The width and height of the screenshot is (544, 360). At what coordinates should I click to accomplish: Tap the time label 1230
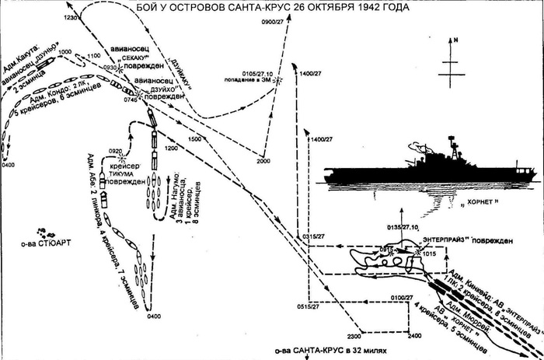click(71, 17)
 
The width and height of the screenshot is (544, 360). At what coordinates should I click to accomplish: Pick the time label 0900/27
click(274, 22)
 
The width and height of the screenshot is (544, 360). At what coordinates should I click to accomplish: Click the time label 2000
click(263, 161)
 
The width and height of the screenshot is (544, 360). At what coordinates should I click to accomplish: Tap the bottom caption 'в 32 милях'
click(378, 352)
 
